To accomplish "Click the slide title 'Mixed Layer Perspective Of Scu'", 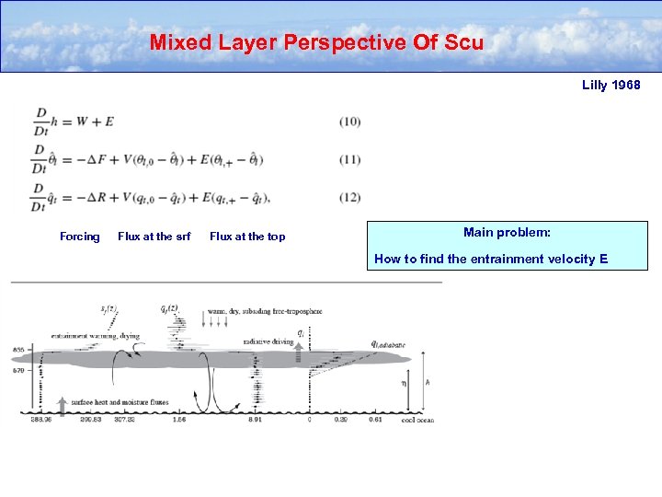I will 316,42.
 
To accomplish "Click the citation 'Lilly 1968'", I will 611,86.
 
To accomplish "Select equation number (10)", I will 349,121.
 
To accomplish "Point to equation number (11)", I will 349,159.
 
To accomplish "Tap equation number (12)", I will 349,197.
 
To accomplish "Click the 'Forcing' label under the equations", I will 80,237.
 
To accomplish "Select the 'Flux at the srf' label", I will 154,237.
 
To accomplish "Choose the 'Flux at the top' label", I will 247,237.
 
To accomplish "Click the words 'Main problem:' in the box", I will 507,233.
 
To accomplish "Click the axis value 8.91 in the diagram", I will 257,419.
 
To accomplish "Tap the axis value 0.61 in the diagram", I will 375,419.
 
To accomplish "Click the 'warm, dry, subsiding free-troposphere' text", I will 266,312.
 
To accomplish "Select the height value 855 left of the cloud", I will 18,350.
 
